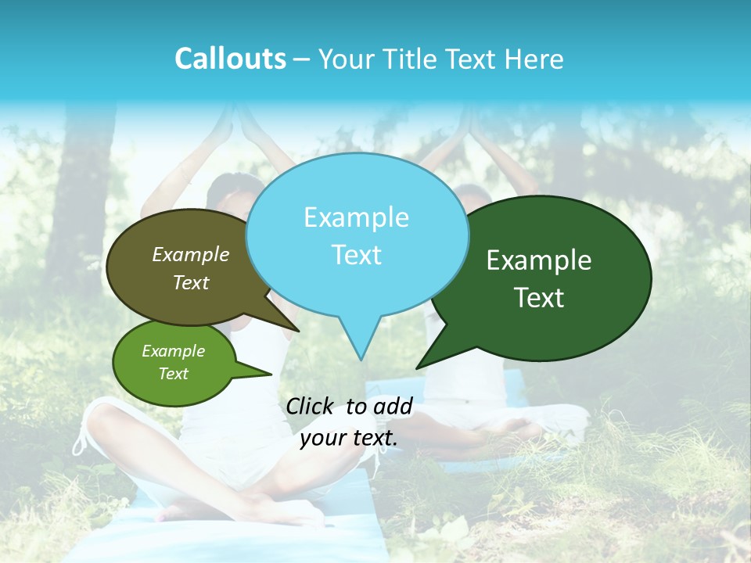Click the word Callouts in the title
pos(230,59)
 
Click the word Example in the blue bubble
pos(356,217)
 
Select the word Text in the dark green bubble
pos(540,298)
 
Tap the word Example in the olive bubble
pos(190,254)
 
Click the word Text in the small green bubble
pos(173,374)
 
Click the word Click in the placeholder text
pos(311,406)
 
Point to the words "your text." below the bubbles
pos(349,438)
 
